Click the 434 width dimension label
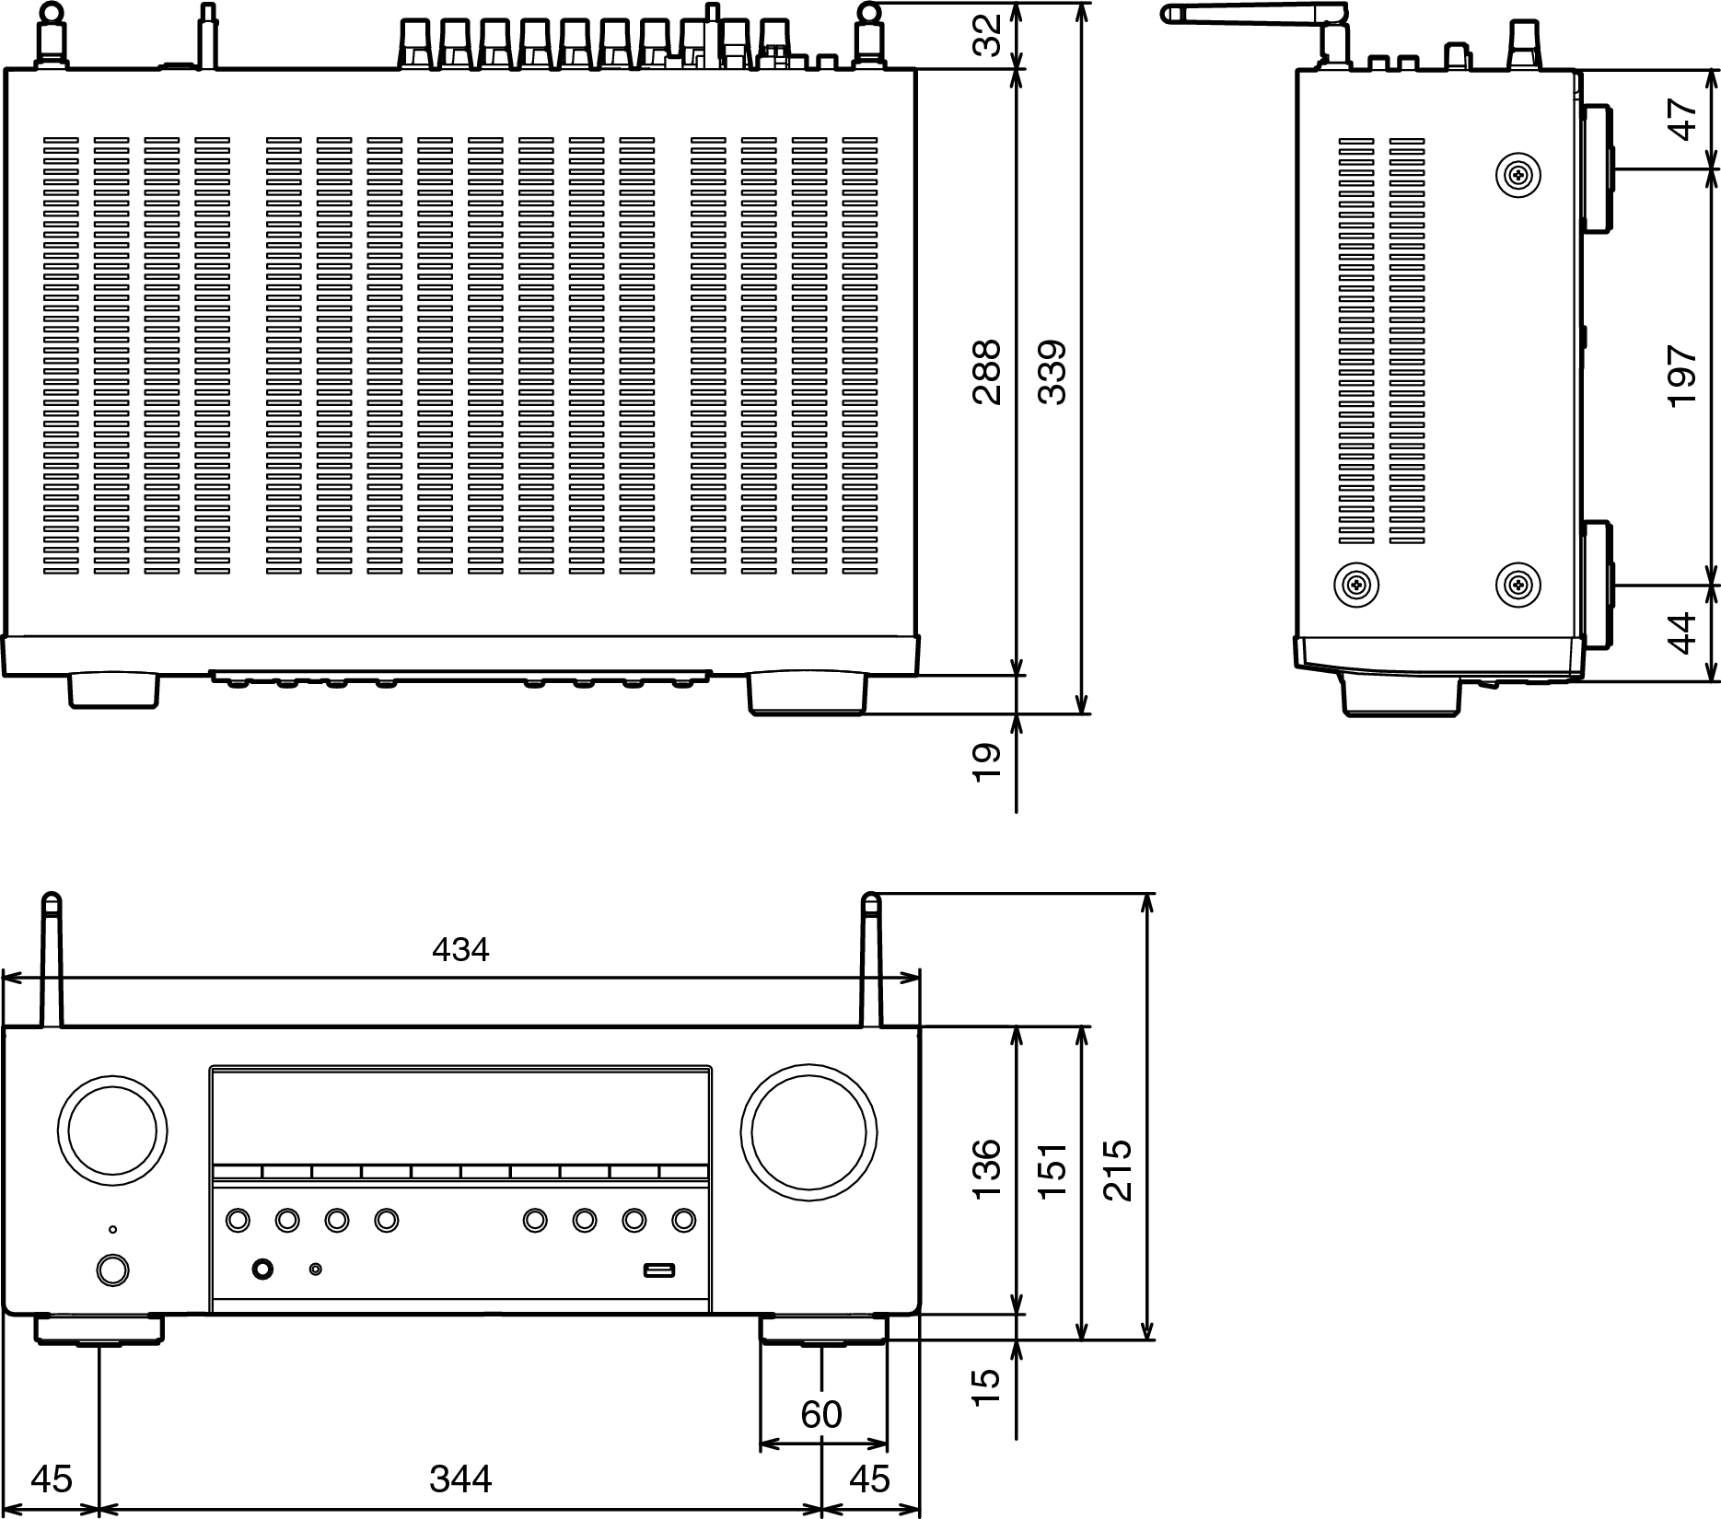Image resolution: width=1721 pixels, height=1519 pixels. click(x=460, y=949)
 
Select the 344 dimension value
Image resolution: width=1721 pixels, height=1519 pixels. click(x=460, y=1479)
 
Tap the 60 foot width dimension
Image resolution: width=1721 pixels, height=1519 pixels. click(x=821, y=1414)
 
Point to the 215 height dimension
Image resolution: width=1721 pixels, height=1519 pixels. click(x=1117, y=1170)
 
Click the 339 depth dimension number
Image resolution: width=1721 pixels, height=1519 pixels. click(x=1052, y=373)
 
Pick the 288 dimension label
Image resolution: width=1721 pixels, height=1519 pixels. click(x=986, y=373)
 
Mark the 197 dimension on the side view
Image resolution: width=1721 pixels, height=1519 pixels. click(x=1682, y=377)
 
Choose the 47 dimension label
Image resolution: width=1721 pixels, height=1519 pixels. click(x=1682, y=120)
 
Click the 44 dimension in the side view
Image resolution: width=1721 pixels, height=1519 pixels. click(x=1682, y=632)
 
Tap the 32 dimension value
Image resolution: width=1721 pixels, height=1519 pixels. click(x=986, y=36)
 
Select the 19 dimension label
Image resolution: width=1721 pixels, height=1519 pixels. click(x=986, y=763)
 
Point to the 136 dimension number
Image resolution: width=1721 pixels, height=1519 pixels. click(x=986, y=1168)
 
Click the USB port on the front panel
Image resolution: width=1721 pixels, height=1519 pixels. click(x=659, y=1270)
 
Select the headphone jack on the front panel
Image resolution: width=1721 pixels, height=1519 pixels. click(x=262, y=1270)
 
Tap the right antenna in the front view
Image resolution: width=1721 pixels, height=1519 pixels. click(x=870, y=959)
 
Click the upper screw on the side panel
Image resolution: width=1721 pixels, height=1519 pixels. click(x=1518, y=174)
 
